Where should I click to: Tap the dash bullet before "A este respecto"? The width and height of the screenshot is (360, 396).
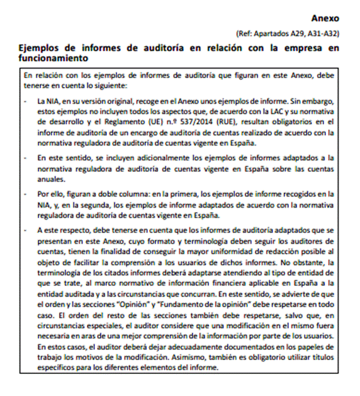pos(25,230)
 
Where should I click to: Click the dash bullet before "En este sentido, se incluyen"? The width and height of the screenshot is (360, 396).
pos(25,158)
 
